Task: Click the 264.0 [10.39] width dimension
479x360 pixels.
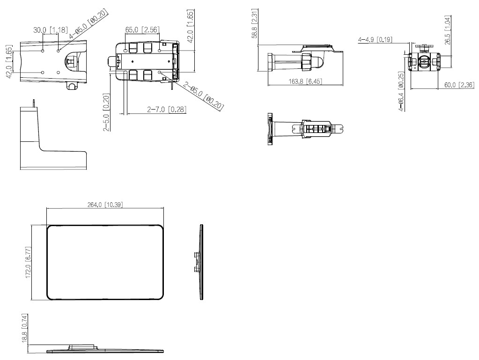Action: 105,205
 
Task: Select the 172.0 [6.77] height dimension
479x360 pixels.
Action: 29,263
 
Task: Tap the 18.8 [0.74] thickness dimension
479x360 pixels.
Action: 25,328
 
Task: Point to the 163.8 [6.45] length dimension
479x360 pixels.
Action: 305,81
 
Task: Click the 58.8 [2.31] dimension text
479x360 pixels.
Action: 254,23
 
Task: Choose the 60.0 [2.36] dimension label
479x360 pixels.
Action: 459,85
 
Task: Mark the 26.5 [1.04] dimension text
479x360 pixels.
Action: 448,30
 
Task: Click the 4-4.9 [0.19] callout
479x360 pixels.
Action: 375,39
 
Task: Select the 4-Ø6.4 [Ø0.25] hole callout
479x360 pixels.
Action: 401,91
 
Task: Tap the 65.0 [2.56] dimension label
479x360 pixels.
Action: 142,29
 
